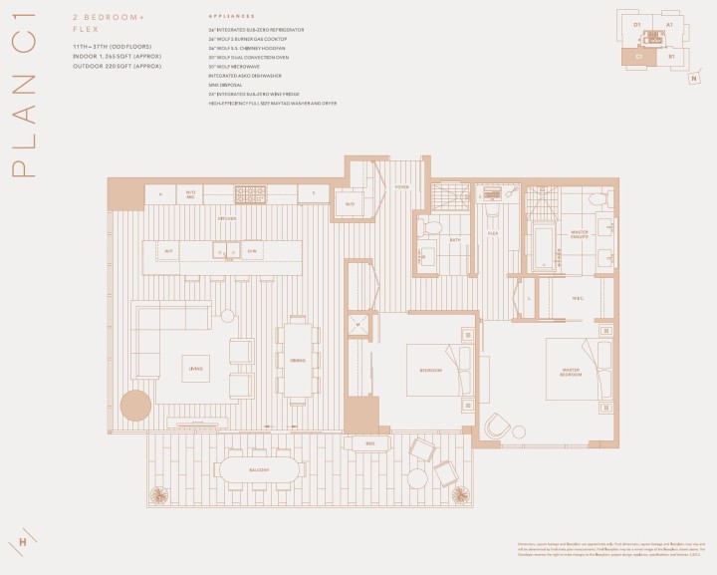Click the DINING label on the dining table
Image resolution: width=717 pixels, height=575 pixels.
(297, 359)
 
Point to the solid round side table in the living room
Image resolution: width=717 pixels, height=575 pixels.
(135, 406)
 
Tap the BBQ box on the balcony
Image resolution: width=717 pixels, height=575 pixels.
(368, 442)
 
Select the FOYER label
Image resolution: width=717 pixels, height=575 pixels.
(401, 186)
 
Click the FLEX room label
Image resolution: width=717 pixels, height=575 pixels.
(492, 232)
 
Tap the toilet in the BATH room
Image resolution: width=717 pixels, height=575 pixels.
(429, 228)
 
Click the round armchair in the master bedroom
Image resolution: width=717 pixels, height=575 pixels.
(497, 426)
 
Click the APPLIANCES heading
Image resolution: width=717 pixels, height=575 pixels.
(231, 17)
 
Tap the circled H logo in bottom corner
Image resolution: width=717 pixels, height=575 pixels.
(22, 542)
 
